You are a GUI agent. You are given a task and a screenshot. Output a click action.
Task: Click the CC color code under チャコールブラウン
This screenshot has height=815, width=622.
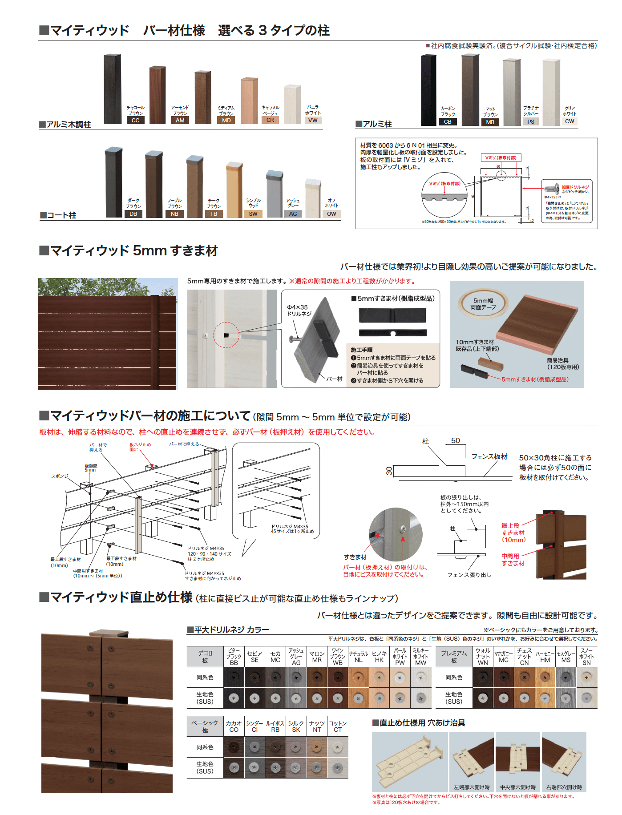[x=136, y=121]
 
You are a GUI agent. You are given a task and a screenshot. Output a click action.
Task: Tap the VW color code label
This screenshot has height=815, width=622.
[x=313, y=121]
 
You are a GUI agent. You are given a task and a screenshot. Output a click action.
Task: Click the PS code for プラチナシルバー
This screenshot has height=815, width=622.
[x=531, y=122]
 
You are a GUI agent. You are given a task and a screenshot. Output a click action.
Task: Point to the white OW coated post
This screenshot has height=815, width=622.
[x=313, y=198]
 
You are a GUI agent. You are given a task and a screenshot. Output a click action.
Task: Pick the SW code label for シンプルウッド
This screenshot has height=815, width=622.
[x=253, y=214]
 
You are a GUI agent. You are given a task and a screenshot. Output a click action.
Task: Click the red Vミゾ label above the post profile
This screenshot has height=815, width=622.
[x=501, y=158]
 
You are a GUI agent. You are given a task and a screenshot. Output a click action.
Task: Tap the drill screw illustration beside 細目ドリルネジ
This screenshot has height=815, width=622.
[x=552, y=189]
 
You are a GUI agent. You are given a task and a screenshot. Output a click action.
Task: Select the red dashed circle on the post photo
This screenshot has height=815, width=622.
[x=226, y=335]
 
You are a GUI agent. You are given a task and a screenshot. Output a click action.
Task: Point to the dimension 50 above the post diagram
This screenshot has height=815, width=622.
[x=455, y=441]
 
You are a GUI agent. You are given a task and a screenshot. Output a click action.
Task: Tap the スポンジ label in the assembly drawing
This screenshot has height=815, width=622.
[x=60, y=476]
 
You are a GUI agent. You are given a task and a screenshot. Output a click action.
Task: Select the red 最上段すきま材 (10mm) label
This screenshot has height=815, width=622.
[x=513, y=533]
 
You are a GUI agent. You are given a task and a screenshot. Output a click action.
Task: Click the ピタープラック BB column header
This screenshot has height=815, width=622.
[x=234, y=657]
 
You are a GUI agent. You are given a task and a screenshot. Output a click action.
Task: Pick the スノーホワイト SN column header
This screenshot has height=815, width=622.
[x=586, y=657]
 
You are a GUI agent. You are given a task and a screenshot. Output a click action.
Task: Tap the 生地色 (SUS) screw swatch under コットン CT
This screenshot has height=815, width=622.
[x=338, y=767]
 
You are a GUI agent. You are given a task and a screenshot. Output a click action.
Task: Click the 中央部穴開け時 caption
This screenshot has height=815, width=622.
[x=517, y=787]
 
